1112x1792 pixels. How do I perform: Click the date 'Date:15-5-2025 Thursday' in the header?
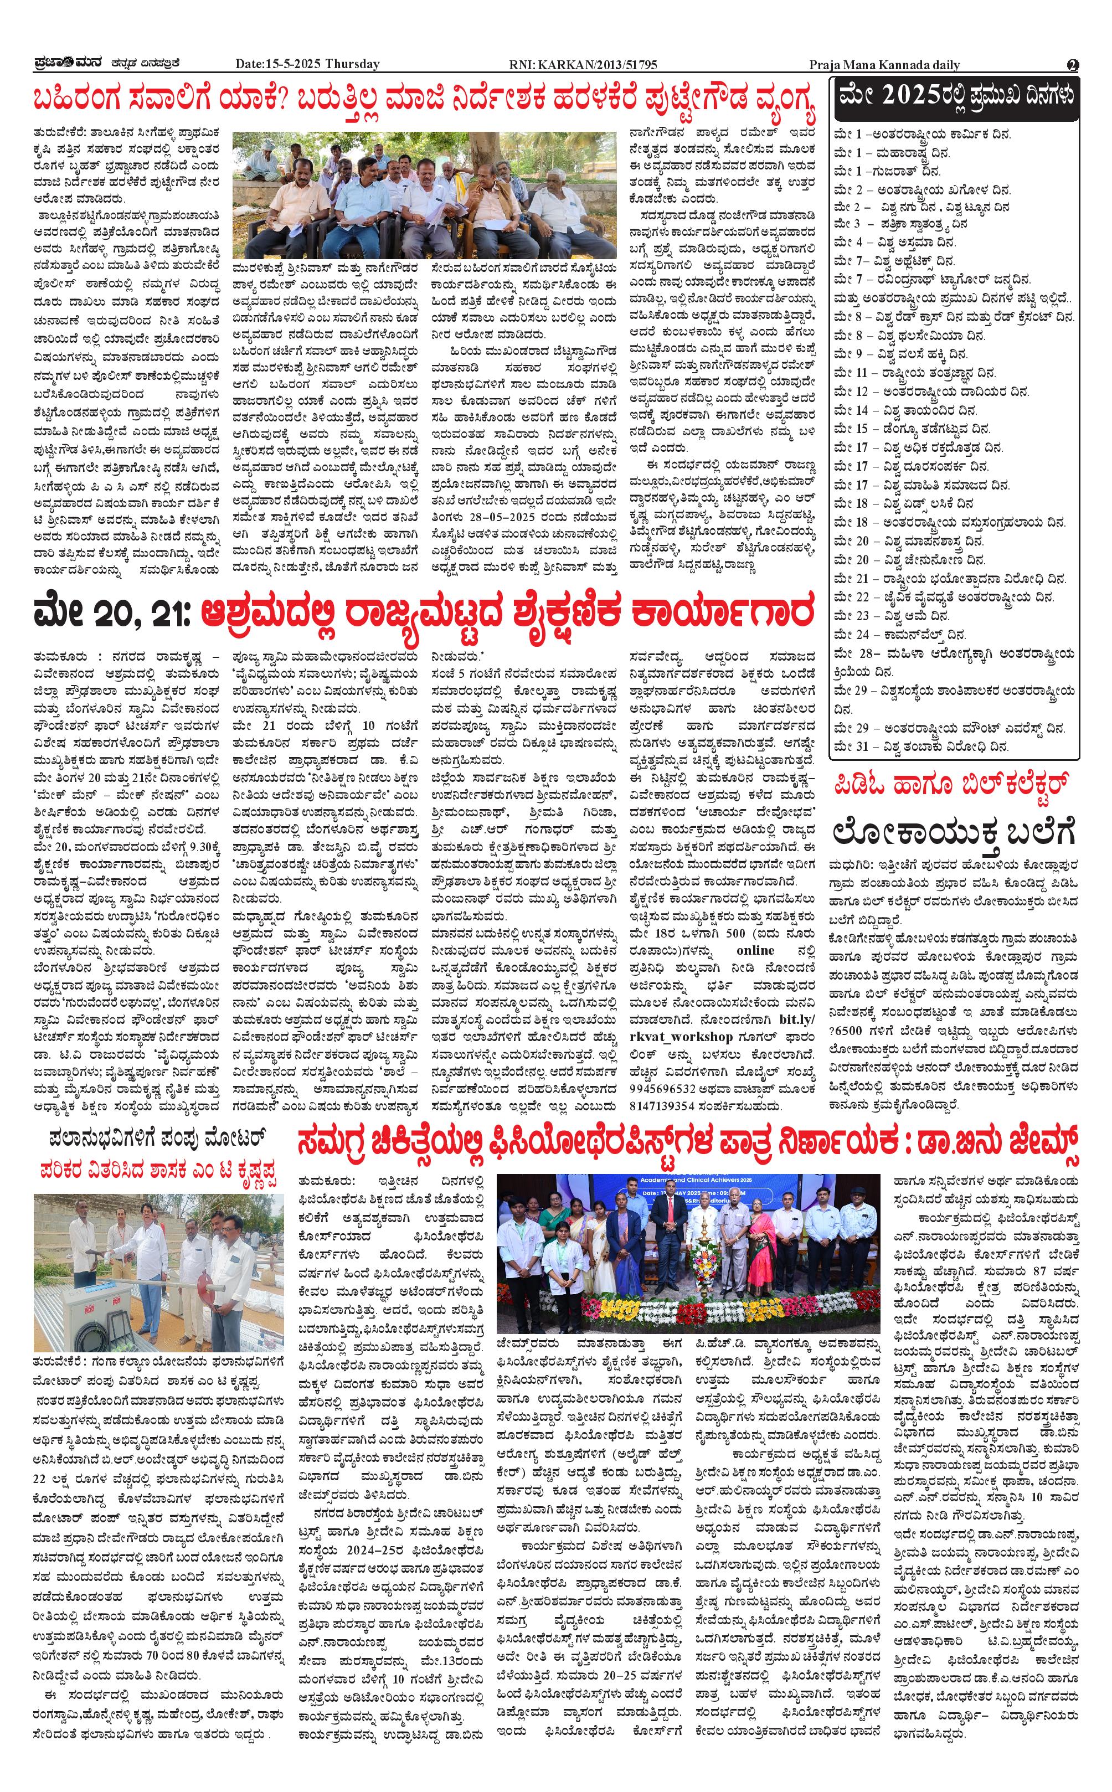tap(307, 64)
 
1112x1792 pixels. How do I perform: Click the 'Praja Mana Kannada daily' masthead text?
tap(884, 65)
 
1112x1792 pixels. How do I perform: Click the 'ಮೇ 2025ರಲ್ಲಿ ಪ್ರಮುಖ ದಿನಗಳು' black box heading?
tap(956, 96)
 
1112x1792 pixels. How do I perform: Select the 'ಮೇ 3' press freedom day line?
tap(901, 224)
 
